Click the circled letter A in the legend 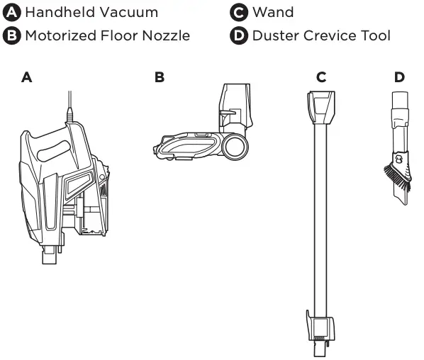point(11,12)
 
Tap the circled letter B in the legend point(11,35)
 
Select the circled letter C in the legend point(239,12)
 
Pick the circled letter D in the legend point(239,35)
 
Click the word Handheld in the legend point(60,13)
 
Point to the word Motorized point(61,35)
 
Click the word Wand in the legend point(273,13)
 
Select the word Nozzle point(166,35)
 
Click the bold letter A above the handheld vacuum point(26,77)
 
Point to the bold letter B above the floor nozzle point(160,77)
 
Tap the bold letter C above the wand point(321,77)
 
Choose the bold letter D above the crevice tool point(399,77)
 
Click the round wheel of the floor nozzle point(235,147)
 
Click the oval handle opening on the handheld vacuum point(54,151)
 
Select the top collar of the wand point(321,108)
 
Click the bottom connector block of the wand point(320,326)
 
